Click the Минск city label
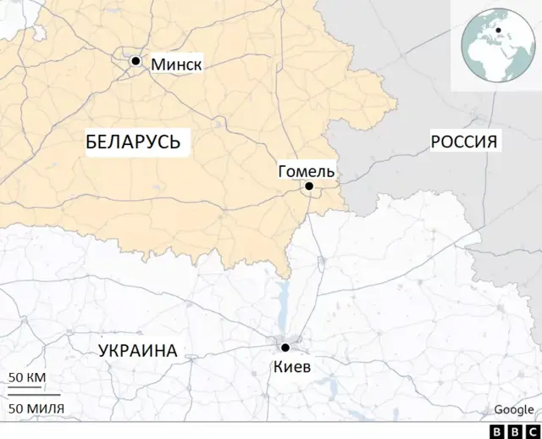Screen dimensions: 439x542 [176, 64]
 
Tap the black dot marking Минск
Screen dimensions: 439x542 [135, 61]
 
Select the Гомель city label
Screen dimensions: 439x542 [307, 171]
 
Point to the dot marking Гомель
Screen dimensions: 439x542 [309, 186]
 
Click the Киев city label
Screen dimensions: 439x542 [292, 367]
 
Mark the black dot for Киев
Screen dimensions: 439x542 [285, 347]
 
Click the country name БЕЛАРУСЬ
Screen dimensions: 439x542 [133, 142]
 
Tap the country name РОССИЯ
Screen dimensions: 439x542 [463, 142]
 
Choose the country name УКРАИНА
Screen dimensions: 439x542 [137, 351]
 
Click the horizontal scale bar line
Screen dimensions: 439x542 [34, 394]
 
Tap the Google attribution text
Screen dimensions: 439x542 [514, 410]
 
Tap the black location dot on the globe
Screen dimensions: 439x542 [499, 31]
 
